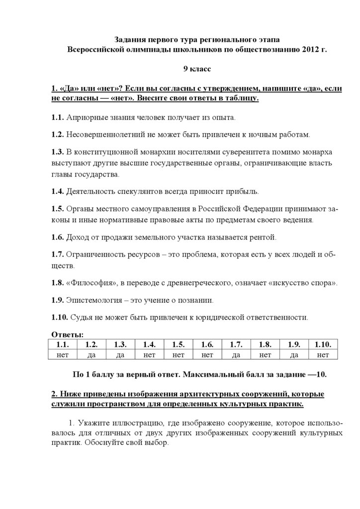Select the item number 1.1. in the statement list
tap(58, 118)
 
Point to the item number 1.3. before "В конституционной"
tap(58, 151)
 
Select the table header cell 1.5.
tap(179, 344)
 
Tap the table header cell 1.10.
tap(323, 344)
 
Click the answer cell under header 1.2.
tap(91, 354)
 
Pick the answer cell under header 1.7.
tap(236, 354)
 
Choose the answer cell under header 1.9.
tap(294, 354)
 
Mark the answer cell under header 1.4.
tap(150, 354)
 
